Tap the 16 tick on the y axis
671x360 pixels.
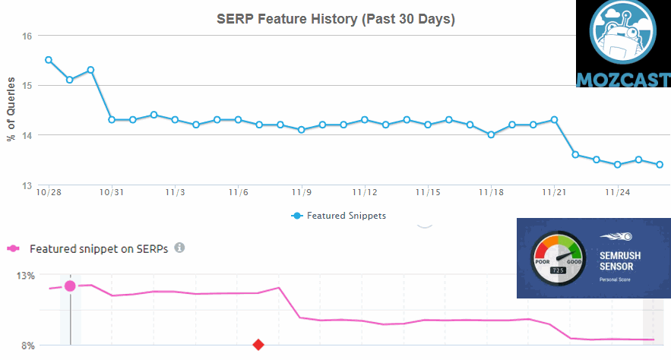(x=27, y=36)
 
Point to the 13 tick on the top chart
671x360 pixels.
(x=27, y=185)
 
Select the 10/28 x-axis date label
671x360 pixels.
(x=49, y=192)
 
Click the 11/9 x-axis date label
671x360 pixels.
(x=302, y=192)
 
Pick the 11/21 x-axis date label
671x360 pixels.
(x=555, y=192)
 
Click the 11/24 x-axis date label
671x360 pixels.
(x=618, y=192)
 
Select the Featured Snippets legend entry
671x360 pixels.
(x=339, y=216)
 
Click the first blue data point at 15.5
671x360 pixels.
(x=49, y=60)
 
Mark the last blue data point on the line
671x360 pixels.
(x=660, y=165)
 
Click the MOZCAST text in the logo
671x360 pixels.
(x=623, y=80)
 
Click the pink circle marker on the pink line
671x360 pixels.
(x=70, y=286)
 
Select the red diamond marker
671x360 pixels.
(x=258, y=345)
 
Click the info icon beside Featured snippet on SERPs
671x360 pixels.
(x=179, y=248)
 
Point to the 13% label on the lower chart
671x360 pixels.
(x=26, y=276)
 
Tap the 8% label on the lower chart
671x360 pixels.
(x=27, y=346)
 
